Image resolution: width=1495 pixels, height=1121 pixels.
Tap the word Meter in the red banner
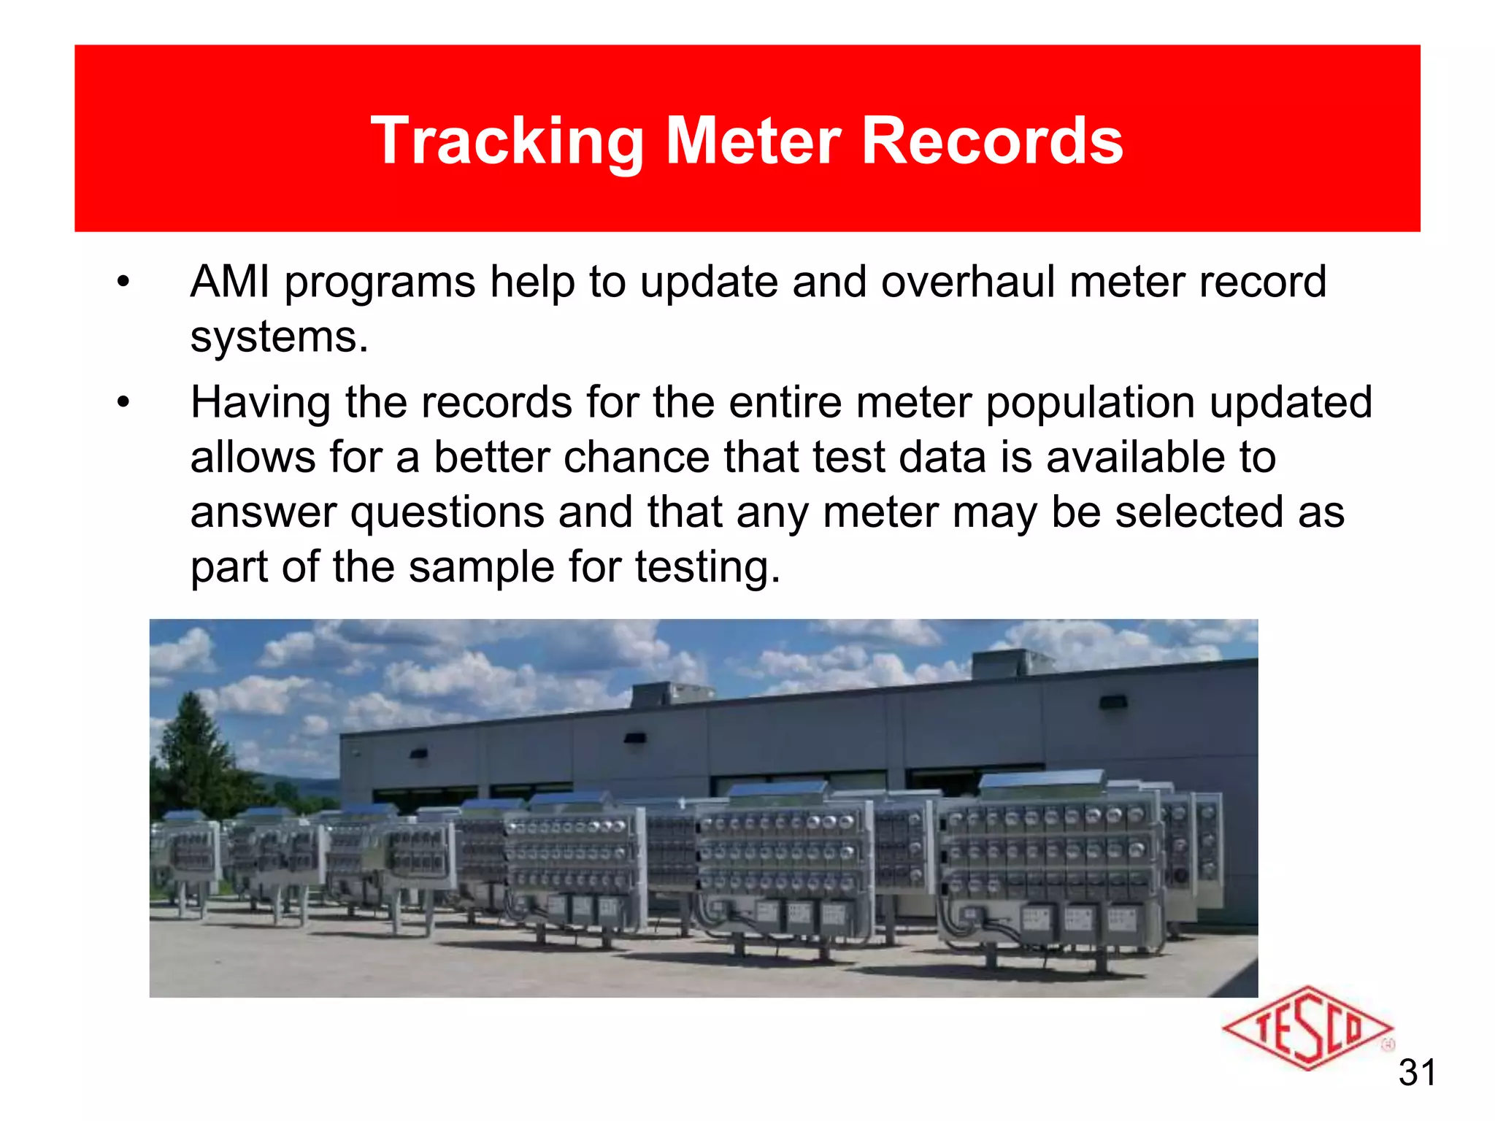[753, 142]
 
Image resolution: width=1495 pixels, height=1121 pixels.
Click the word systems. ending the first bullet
[279, 337]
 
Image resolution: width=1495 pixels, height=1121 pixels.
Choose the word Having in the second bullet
[261, 403]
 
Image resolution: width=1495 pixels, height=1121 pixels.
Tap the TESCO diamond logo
[1307, 1029]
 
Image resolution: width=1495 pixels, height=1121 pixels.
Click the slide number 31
[1417, 1073]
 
